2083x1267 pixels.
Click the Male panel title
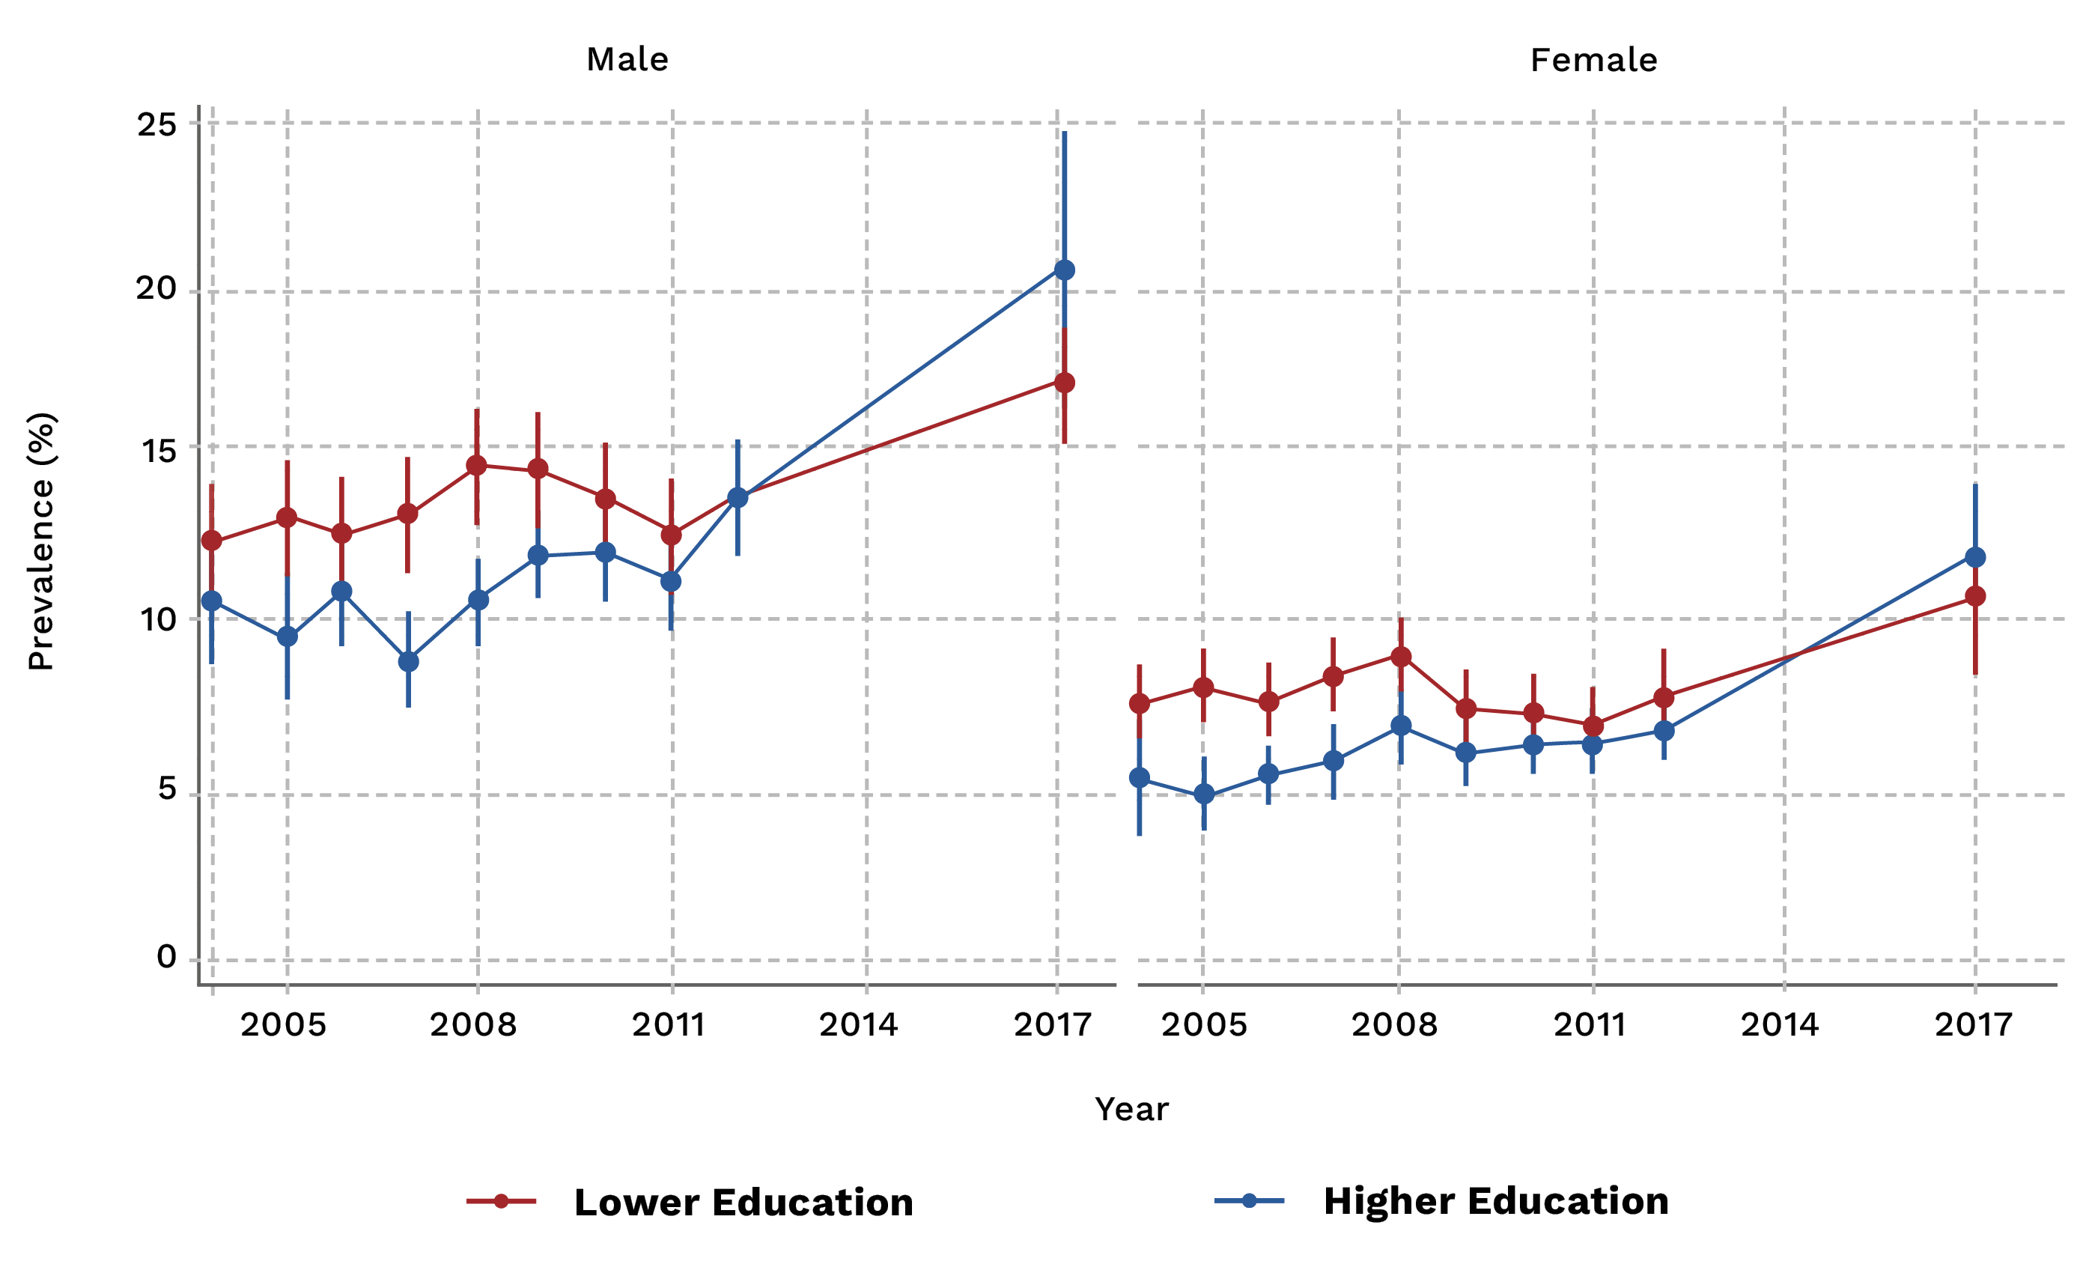[x=627, y=60]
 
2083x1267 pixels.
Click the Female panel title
[x=1593, y=60]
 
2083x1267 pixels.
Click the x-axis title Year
[x=1131, y=1109]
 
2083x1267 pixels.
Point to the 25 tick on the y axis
[x=157, y=125]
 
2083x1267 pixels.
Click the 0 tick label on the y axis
[x=166, y=957]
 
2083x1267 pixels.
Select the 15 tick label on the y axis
[x=157, y=452]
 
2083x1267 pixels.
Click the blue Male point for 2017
[x=1064, y=270]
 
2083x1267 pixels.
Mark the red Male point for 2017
[x=1064, y=383]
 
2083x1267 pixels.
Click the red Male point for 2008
[x=477, y=466]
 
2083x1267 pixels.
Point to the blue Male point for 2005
[x=288, y=636]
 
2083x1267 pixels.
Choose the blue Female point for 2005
[x=1204, y=794]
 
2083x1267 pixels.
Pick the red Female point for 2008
[x=1401, y=657]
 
